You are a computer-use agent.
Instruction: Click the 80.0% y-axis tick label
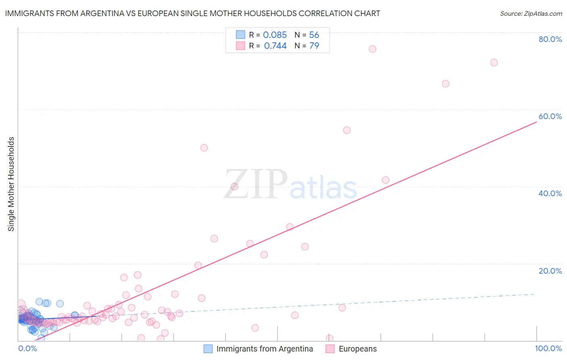point(550,39)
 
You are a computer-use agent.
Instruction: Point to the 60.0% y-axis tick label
point(550,116)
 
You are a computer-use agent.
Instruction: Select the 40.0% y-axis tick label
point(550,193)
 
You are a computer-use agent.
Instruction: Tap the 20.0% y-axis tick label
point(550,271)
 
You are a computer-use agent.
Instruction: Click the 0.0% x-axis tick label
point(27,348)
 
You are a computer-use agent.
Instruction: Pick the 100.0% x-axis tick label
point(548,348)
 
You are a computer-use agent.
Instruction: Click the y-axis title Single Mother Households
point(11,184)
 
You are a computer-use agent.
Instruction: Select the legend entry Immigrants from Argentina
point(265,349)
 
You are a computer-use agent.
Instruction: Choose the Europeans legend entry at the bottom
point(358,349)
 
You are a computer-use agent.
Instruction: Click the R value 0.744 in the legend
point(275,46)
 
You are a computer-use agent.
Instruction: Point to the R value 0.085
point(275,35)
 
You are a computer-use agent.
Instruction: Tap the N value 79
point(314,46)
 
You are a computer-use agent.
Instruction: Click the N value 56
point(314,35)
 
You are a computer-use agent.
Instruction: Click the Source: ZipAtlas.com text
point(531,14)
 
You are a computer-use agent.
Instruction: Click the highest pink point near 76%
point(372,49)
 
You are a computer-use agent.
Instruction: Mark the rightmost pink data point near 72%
point(494,63)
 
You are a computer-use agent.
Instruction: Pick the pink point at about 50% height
point(204,148)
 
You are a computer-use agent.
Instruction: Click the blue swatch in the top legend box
point(240,35)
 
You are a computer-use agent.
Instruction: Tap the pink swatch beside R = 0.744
point(240,46)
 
